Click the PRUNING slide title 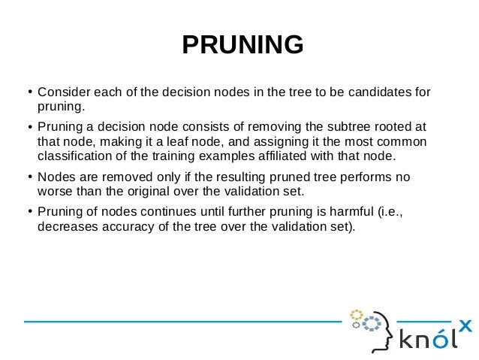coord(243,45)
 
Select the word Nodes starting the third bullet coord(56,177)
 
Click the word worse coord(54,192)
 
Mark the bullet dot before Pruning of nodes coord(29,213)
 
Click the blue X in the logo coord(465,326)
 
